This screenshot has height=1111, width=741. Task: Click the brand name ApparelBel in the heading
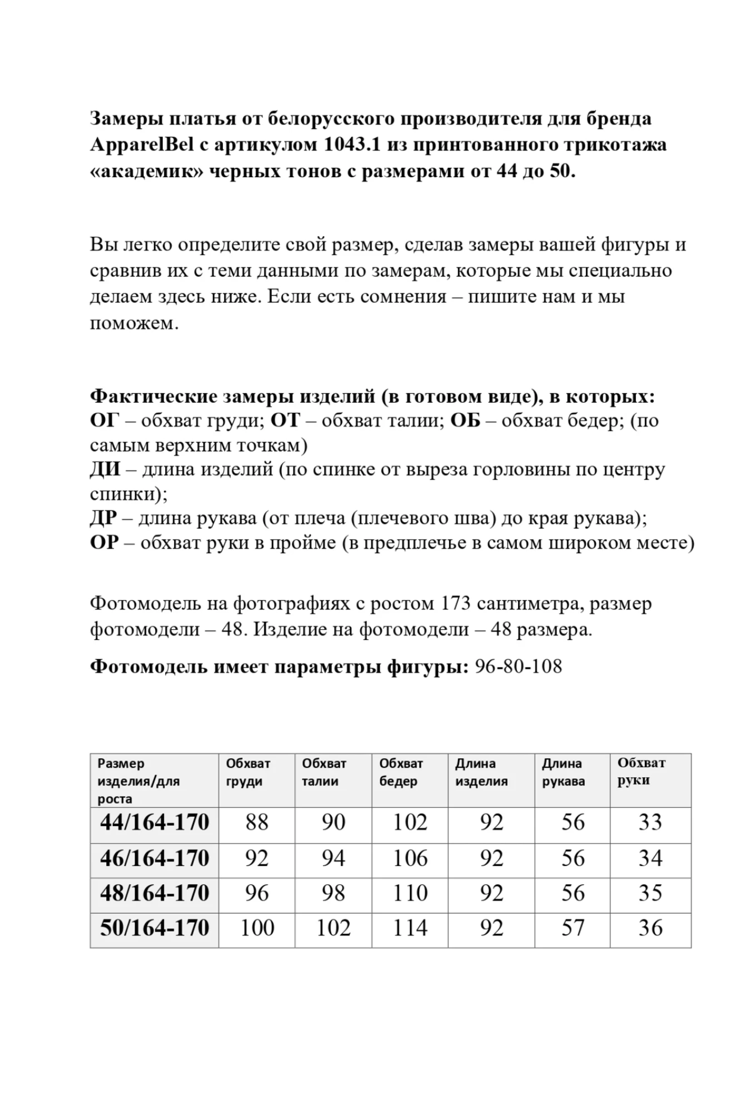click(x=142, y=145)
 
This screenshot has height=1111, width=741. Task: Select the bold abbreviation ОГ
click(x=105, y=421)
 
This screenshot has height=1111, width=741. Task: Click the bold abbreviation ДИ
click(x=105, y=470)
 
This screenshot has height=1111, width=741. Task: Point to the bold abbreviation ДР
click(x=103, y=518)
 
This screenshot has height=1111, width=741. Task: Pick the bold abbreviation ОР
click(x=104, y=543)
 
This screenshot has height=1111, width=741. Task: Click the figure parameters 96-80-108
click(x=518, y=667)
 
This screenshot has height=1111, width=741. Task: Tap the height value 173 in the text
click(x=455, y=604)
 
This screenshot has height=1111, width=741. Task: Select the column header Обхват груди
click(x=248, y=772)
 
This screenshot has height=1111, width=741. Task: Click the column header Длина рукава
click(x=563, y=772)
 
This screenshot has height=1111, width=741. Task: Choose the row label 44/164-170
click(x=155, y=823)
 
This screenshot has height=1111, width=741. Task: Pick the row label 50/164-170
click(x=155, y=928)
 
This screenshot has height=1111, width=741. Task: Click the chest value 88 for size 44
click(x=257, y=823)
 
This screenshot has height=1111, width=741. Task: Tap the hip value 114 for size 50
click(x=410, y=928)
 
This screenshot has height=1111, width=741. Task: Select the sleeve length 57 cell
click(x=573, y=928)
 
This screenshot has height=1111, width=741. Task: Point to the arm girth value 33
click(x=650, y=823)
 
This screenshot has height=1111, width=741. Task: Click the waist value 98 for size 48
click(x=334, y=893)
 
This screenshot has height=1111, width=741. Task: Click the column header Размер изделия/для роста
click(x=138, y=781)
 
